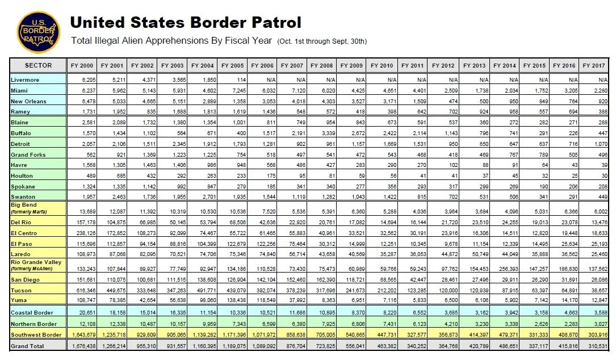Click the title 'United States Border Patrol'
185,22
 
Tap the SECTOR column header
38,66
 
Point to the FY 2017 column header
595,66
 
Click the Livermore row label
25,80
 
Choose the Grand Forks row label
28,154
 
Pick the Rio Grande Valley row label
36,262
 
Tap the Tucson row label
22,290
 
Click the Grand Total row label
27,345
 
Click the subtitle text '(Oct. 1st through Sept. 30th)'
322,41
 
